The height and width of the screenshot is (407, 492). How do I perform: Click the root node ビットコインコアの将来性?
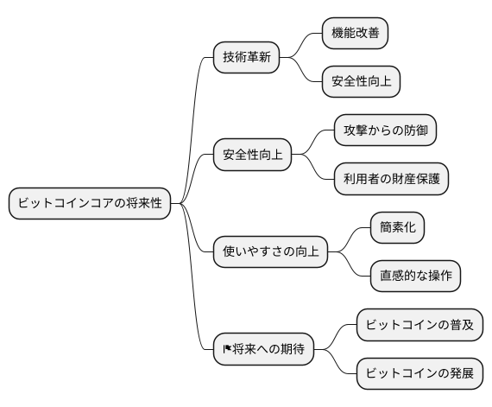(x=90, y=204)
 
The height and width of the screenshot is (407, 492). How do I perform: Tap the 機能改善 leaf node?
(x=355, y=34)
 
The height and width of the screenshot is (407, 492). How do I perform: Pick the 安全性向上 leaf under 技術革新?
(x=361, y=82)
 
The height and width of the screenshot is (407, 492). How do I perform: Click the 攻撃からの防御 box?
(x=385, y=131)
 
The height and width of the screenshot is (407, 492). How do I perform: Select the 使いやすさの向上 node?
(x=269, y=252)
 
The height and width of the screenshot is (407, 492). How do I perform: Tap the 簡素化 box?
(x=397, y=228)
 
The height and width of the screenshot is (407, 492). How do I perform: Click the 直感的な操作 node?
(x=415, y=277)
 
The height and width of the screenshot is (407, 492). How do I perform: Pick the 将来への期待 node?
(x=263, y=350)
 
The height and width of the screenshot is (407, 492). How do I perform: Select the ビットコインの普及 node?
(x=419, y=326)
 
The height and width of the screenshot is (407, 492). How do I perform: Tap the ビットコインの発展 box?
(x=419, y=374)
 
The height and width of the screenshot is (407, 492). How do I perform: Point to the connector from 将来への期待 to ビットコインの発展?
(x=337, y=365)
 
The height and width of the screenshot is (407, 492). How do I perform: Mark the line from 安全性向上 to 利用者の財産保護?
(x=314, y=169)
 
